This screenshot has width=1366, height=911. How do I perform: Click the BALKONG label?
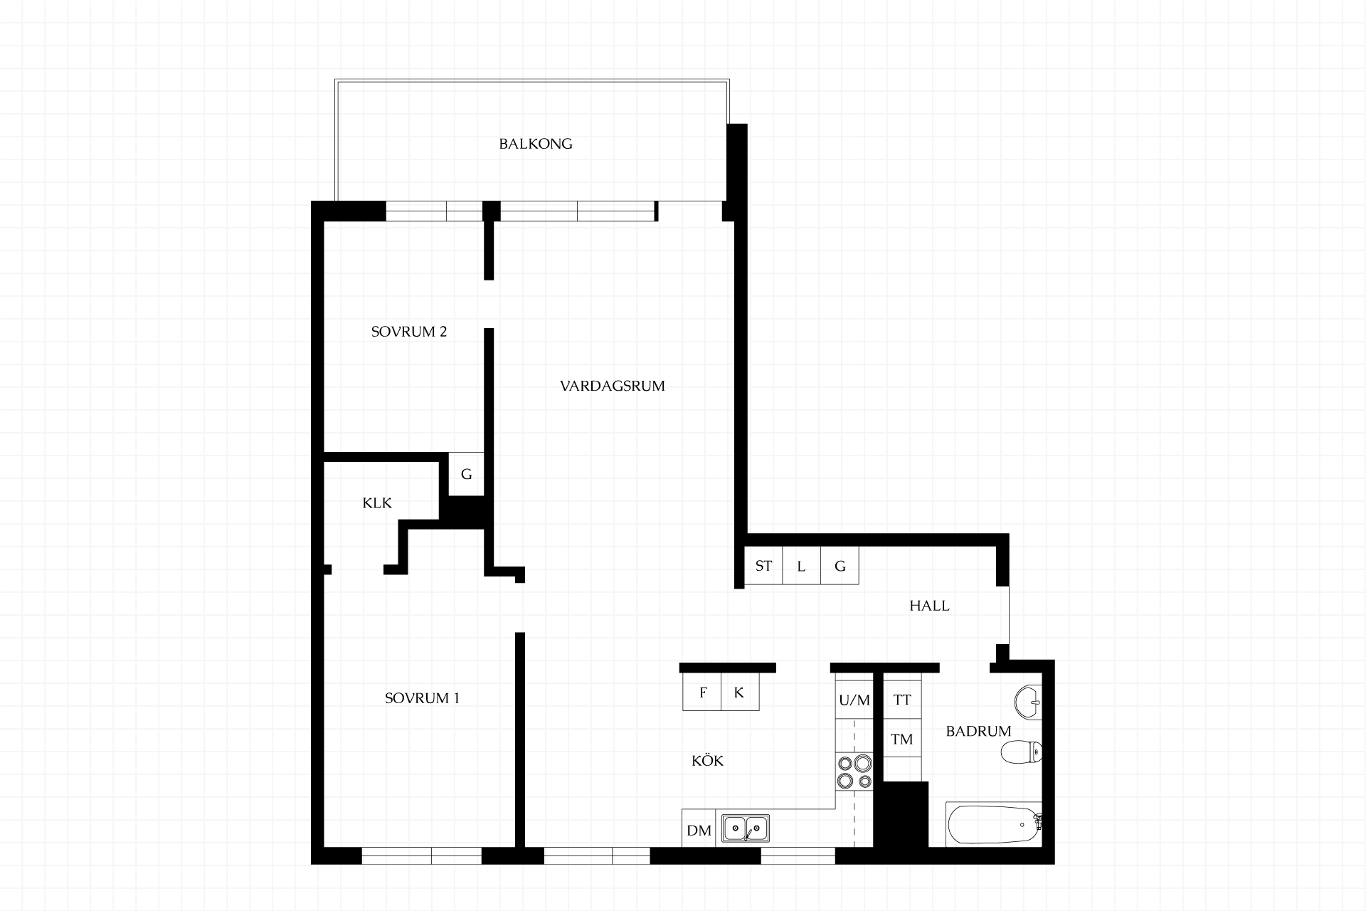[x=535, y=144]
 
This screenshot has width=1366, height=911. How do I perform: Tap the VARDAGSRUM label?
[x=612, y=386]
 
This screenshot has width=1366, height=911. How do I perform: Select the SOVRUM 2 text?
[x=409, y=332]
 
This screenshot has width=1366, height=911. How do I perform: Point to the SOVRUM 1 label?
[x=422, y=698]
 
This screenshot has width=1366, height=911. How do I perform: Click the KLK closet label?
[x=377, y=503]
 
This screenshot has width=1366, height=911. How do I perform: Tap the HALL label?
[x=929, y=606]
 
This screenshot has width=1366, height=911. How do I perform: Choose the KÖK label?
[x=707, y=761]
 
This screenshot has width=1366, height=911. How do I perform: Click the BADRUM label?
[x=978, y=731]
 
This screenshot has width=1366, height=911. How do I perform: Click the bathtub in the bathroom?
[x=994, y=824]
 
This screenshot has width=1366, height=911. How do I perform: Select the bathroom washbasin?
[x=1027, y=702]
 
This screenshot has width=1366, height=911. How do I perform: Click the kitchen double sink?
[x=746, y=828]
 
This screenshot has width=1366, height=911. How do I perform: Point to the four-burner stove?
[x=854, y=772]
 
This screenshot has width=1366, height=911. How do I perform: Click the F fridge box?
[x=702, y=692]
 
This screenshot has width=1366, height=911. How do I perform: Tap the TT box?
[x=902, y=700]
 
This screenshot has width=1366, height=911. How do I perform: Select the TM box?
[x=902, y=739]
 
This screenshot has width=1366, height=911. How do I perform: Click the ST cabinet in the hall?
[x=763, y=566]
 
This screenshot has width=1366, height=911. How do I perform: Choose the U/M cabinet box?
[x=854, y=700]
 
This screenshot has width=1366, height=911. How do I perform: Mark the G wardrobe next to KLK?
[x=467, y=474]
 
